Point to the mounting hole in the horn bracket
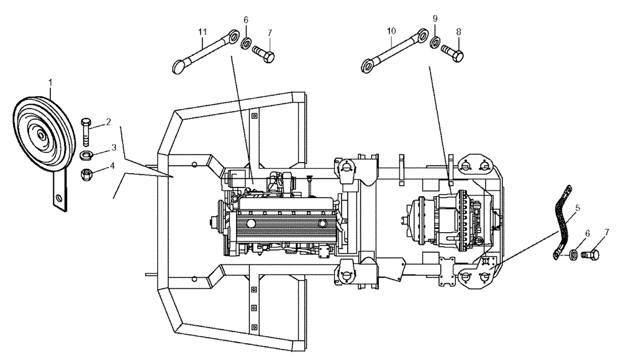point(59,199)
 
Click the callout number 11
point(202,31)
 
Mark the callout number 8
point(458,30)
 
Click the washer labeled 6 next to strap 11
point(247,45)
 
